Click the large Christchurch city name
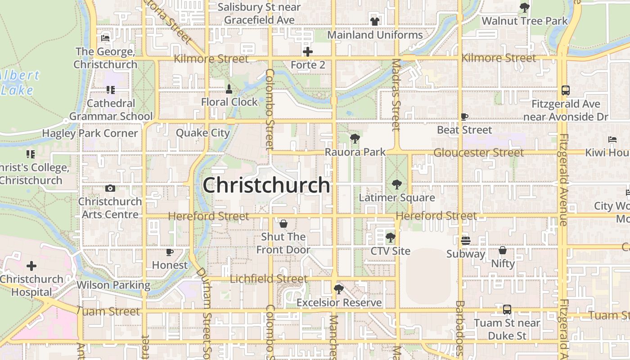click(x=266, y=185)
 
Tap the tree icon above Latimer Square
click(x=396, y=184)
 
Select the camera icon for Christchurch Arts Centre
click(x=110, y=188)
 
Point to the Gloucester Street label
click(x=478, y=153)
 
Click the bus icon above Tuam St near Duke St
click(x=507, y=310)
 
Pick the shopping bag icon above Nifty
click(x=503, y=250)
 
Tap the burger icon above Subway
click(x=465, y=240)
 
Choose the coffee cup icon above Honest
click(x=170, y=252)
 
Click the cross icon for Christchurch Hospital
click(x=31, y=266)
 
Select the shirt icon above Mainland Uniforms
click(x=375, y=22)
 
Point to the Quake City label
click(x=202, y=133)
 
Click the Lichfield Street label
click(x=269, y=279)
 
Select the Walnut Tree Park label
click(x=525, y=21)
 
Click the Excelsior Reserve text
click(x=339, y=302)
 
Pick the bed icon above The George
click(x=105, y=38)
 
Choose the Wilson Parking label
click(x=113, y=285)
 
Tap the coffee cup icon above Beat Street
click(x=464, y=117)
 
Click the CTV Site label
click(x=391, y=251)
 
